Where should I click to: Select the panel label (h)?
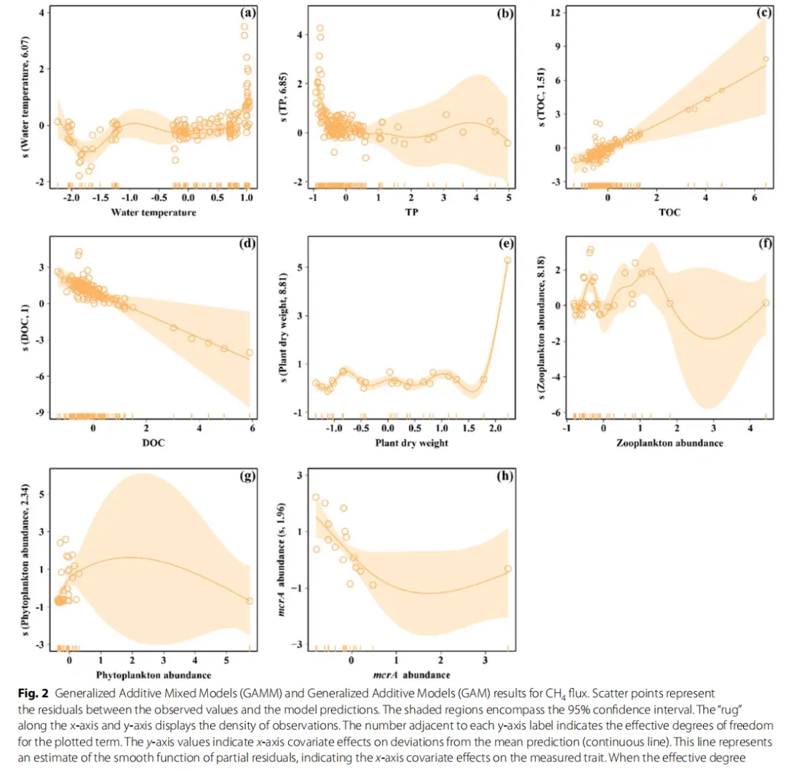[504, 477]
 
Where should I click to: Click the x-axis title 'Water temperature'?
[153, 213]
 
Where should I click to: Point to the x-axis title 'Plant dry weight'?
[410, 443]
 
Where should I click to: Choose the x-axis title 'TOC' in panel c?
[670, 213]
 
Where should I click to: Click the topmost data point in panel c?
[765, 59]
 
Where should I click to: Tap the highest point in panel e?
[507, 260]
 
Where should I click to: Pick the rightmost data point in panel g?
[250, 601]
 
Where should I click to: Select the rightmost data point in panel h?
[507, 569]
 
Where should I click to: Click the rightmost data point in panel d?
[250, 352]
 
